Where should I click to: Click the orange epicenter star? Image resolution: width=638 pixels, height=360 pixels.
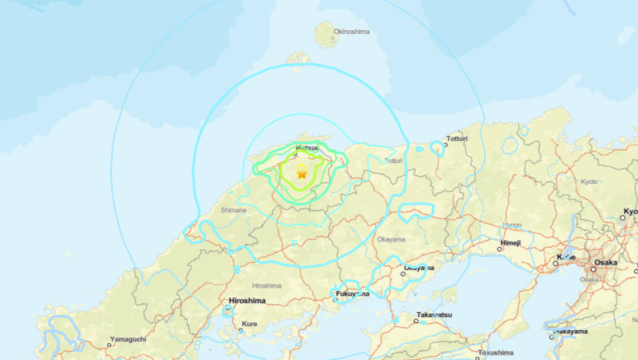pos(301,174)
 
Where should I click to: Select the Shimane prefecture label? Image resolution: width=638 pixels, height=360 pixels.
pos(233,210)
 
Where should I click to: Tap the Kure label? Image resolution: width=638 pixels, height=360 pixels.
pos(250,324)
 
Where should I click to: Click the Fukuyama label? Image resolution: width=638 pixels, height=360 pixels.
pos(352,294)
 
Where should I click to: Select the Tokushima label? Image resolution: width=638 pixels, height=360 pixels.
pos(495,353)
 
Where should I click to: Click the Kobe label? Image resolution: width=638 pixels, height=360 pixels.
pos(566,257)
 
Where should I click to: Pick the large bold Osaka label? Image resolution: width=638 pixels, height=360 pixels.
pos(604,263)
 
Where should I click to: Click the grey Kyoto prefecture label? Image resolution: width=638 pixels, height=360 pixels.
pos(589,182)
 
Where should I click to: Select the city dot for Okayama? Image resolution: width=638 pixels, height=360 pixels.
pos(404,272)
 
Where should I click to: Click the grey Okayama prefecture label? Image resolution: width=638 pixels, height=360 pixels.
pos(390,239)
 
